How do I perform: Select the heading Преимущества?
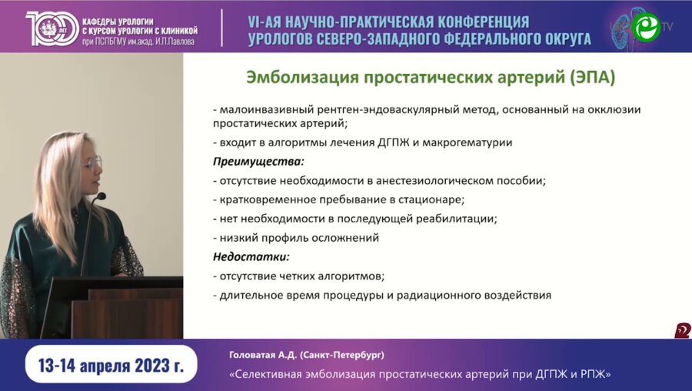pyautogui.click(x=258, y=162)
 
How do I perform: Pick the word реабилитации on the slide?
pyautogui.click(x=457, y=219)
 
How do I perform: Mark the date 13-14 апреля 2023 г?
pyautogui.click(x=111, y=366)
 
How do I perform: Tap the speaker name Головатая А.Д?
pyautogui.click(x=262, y=355)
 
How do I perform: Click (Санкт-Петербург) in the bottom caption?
pyautogui.click(x=343, y=355)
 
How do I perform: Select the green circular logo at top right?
pyautogui.click(x=646, y=27)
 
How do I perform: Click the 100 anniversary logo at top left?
pyautogui.click(x=48, y=27)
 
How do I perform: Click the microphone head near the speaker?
pyautogui.click(x=100, y=197)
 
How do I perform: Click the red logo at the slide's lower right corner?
pyautogui.click(x=682, y=331)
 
